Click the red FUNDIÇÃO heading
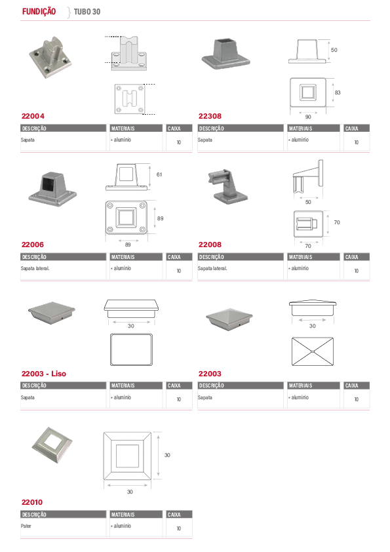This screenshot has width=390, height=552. click(39, 12)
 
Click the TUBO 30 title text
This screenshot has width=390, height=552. click(87, 12)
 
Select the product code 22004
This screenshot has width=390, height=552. click(33, 116)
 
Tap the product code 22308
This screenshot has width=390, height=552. click(210, 116)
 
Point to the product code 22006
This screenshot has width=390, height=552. click(33, 245)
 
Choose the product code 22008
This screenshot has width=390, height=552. click(210, 245)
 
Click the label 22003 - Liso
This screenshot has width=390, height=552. click(44, 374)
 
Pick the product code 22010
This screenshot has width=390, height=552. click(32, 502)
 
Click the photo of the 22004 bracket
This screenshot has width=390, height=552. click(50, 57)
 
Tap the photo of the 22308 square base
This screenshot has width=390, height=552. click(226, 54)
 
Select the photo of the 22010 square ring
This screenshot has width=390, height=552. click(52, 444)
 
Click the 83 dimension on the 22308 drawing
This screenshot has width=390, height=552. click(338, 92)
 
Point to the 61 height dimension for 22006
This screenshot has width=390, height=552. click(159, 174)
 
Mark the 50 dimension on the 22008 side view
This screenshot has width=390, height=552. click(308, 202)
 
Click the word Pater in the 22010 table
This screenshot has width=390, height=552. click(26, 526)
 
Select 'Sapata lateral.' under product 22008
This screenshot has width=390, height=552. click(212, 268)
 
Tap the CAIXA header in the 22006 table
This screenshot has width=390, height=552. click(174, 257)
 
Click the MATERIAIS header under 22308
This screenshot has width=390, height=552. click(300, 128)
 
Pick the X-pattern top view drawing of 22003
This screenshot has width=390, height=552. click(313, 351)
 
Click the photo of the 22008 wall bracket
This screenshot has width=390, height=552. click(229, 186)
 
